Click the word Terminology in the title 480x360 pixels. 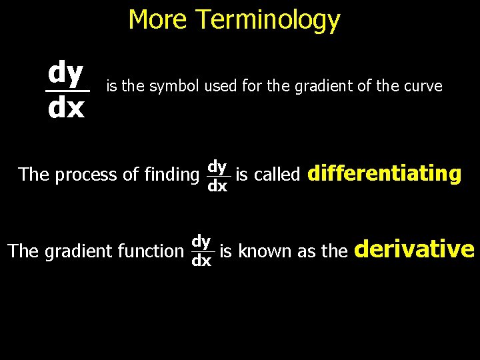pyautogui.click(x=268, y=21)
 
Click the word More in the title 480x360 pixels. pyautogui.click(x=158, y=19)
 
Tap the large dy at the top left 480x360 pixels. pyautogui.click(x=65, y=72)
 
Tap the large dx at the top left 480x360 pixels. pyautogui.click(x=66, y=108)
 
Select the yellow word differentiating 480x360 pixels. pyautogui.click(x=384, y=174)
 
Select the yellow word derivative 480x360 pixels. pyautogui.click(x=415, y=249)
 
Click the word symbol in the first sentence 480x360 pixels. pyautogui.click(x=177, y=86)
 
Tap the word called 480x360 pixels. pyautogui.click(x=277, y=175)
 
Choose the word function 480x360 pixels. pyautogui.click(x=150, y=251)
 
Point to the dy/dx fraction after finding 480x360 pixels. pyautogui.click(x=217, y=175)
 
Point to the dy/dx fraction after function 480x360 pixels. pyautogui.click(x=201, y=251)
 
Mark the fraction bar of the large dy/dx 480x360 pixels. pyautogui.click(x=67, y=91)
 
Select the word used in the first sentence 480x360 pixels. pyautogui.click(x=219, y=86)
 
